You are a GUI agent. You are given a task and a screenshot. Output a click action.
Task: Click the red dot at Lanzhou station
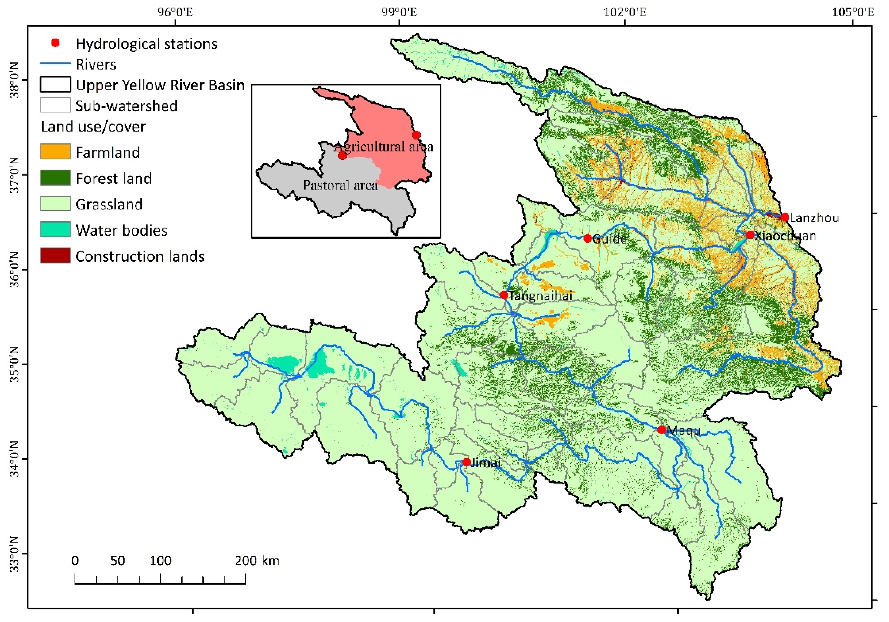coord(785,217)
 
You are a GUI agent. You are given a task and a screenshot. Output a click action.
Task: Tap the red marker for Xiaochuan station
coord(750,235)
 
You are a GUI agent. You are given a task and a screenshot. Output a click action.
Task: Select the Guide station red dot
coord(587,238)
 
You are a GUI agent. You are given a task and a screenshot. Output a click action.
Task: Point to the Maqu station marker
coord(662,430)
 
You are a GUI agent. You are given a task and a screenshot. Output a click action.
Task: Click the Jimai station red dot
coord(467,462)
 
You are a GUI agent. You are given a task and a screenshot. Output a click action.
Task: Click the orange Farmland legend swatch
coord(55,151)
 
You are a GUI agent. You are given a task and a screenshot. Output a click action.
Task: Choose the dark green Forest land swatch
coord(55,178)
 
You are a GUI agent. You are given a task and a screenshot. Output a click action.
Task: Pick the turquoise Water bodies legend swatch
coord(55,229)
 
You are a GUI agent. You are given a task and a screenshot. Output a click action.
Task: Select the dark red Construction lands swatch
coord(55,256)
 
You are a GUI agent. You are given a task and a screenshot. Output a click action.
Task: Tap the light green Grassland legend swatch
coord(55,203)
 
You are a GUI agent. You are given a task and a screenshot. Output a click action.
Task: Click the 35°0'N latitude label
coord(14,365)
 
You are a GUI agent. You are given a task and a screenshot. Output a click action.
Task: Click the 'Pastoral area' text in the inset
coord(340,185)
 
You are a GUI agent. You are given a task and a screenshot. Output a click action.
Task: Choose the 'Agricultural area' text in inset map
coord(383,147)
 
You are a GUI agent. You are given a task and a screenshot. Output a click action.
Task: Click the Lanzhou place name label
coord(814,218)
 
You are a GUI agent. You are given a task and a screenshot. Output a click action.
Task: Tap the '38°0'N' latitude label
coord(14,80)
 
